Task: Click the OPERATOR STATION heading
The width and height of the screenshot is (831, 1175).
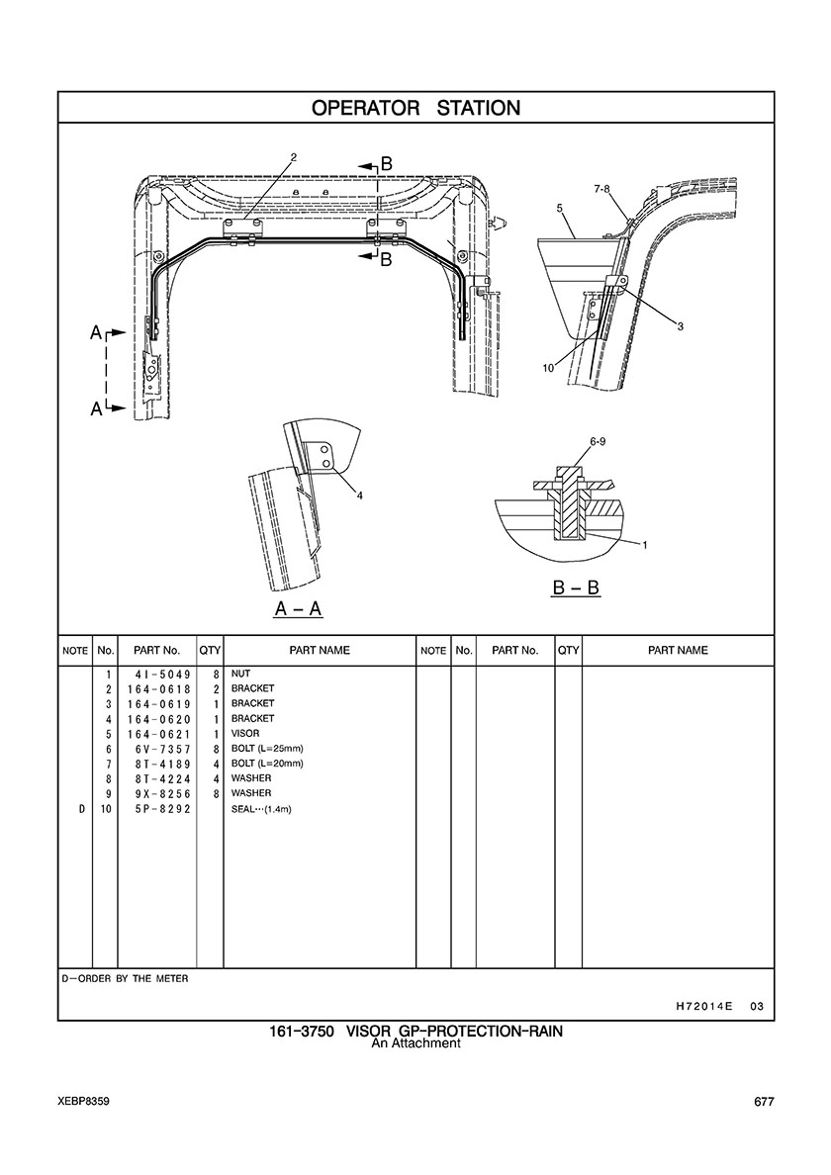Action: [415, 108]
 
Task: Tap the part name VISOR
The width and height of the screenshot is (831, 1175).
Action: [245, 734]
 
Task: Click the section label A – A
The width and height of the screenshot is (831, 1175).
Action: [298, 609]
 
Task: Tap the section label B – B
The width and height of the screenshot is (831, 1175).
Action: [576, 587]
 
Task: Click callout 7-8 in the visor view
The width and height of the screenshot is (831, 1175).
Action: [601, 188]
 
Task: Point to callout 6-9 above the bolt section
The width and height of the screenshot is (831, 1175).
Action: [598, 440]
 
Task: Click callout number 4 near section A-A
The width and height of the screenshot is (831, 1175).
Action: [360, 496]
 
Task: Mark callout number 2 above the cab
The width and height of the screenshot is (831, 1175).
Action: [294, 156]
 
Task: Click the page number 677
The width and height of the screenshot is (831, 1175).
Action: [763, 1103]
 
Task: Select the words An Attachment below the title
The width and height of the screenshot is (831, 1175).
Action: [415, 1043]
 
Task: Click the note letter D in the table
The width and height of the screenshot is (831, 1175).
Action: [81, 809]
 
